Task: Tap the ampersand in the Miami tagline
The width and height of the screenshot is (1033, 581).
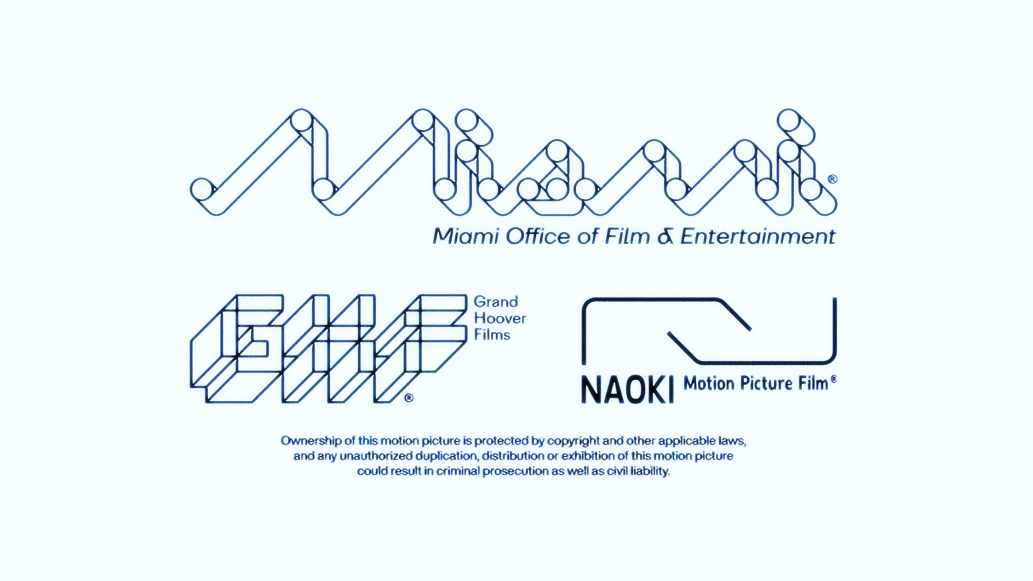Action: (x=666, y=237)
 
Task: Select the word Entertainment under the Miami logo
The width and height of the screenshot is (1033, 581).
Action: (x=758, y=237)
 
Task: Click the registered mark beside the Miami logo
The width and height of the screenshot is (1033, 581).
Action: (x=832, y=179)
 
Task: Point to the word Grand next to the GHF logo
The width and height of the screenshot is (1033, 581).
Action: (x=496, y=302)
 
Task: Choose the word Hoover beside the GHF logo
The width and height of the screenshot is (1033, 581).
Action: (x=500, y=318)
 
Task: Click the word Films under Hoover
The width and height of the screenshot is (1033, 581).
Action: (x=492, y=335)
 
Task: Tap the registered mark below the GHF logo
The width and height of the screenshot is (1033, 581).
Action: (x=408, y=399)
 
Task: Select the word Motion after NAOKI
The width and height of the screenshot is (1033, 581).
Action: (x=709, y=384)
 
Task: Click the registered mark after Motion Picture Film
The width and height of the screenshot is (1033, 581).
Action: (x=833, y=379)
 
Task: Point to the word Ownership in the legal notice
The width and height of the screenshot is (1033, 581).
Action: (x=311, y=441)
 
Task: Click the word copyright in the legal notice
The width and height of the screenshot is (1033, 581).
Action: (x=573, y=441)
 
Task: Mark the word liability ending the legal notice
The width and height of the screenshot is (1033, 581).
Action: (x=650, y=472)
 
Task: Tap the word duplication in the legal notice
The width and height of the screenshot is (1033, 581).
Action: (x=444, y=456)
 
